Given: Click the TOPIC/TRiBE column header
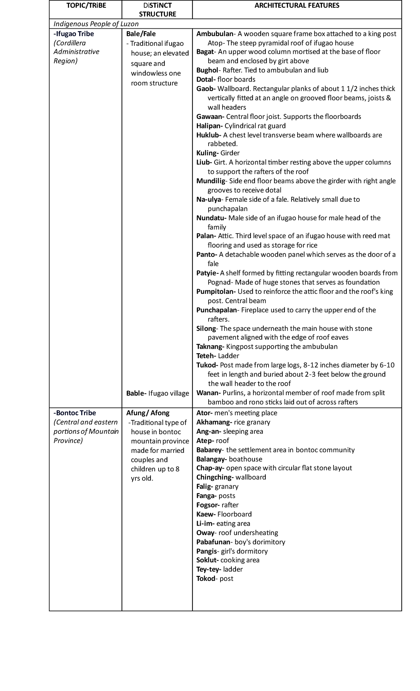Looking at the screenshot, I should click(86, 5).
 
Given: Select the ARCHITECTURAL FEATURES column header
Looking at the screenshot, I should click(297, 5).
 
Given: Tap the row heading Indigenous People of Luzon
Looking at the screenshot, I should click(96, 24).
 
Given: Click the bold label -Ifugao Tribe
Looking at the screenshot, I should click(73, 34).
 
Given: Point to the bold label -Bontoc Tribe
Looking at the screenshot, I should click(75, 413).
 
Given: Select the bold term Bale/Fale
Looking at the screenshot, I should click(141, 34).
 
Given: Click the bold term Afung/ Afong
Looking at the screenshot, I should click(148, 413).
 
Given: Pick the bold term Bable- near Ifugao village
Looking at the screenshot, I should click(136, 393).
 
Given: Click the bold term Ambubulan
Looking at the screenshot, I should click(215, 34).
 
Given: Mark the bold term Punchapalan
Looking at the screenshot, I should click(217, 310).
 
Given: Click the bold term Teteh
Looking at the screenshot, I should click(206, 356).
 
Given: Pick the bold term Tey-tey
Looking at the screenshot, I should click(209, 569).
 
